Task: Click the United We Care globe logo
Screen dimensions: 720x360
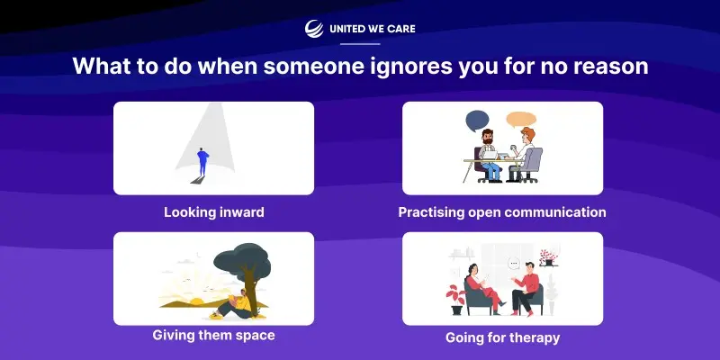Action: [314, 29]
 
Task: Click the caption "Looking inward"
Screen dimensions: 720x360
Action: [214, 212]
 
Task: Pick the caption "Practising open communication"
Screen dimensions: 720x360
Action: [502, 212]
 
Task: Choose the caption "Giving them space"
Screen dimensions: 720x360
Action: [214, 335]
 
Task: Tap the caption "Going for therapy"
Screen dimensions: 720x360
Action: [503, 338]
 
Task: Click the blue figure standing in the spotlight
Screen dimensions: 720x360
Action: [202, 161]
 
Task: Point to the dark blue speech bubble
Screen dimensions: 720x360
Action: [477, 121]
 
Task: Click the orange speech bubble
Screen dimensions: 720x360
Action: [521, 120]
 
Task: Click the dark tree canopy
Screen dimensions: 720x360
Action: [242, 259]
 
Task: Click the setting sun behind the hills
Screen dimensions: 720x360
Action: [197, 301]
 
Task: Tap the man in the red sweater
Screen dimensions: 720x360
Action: [526, 288]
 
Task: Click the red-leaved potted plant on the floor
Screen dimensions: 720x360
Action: [456, 300]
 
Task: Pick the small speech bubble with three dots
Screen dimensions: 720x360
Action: [514, 264]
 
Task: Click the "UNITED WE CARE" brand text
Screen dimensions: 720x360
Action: [373, 29]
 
